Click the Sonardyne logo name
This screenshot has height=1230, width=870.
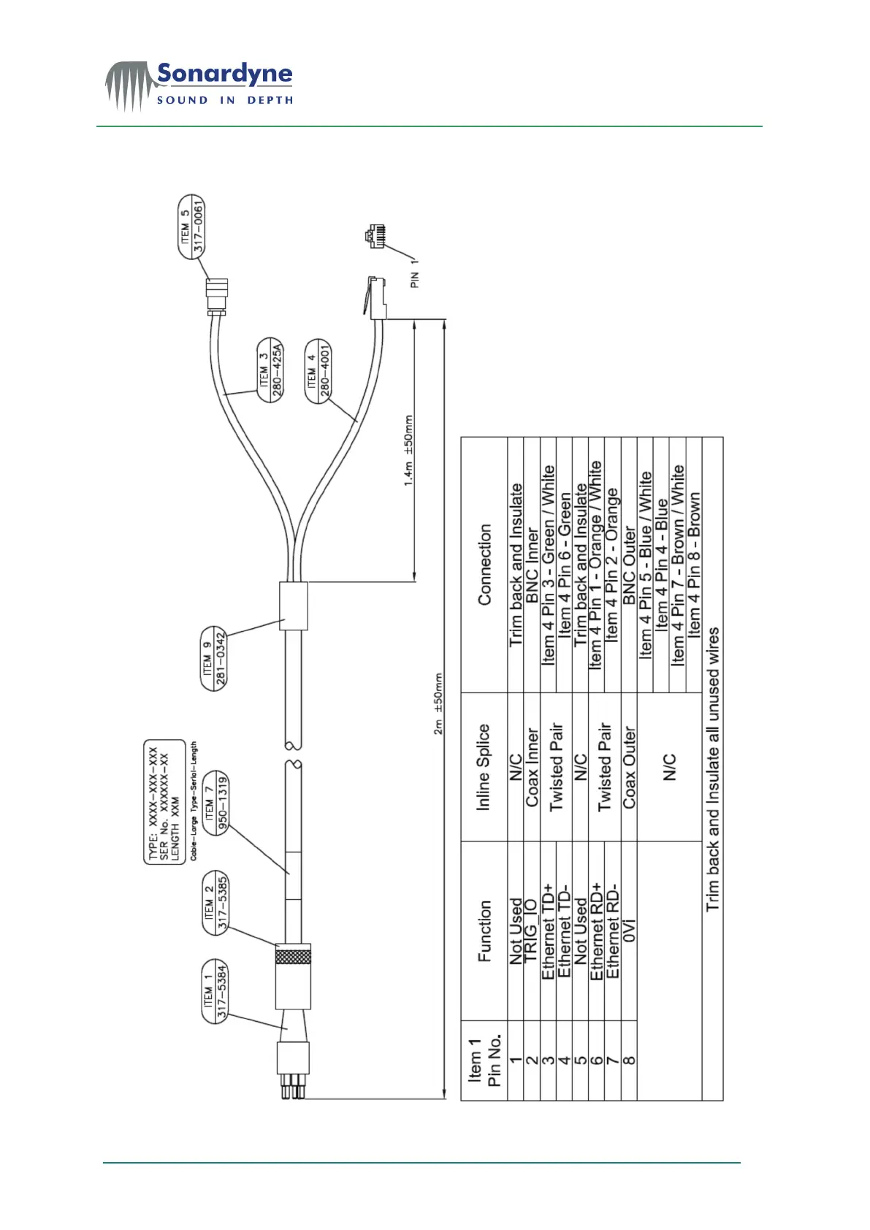pos(224,74)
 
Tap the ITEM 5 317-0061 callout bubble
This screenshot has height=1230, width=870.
pos(192,226)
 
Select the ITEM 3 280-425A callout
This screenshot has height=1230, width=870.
pos(270,370)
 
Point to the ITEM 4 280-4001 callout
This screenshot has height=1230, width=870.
pos(318,370)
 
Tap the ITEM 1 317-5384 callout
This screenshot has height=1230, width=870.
pos(215,991)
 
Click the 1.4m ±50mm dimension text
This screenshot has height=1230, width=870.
pos(409,450)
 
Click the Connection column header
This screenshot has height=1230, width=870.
pos(484,564)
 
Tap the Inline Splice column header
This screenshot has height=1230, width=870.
pos(483,767)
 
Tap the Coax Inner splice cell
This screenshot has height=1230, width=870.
pos(532,767)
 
